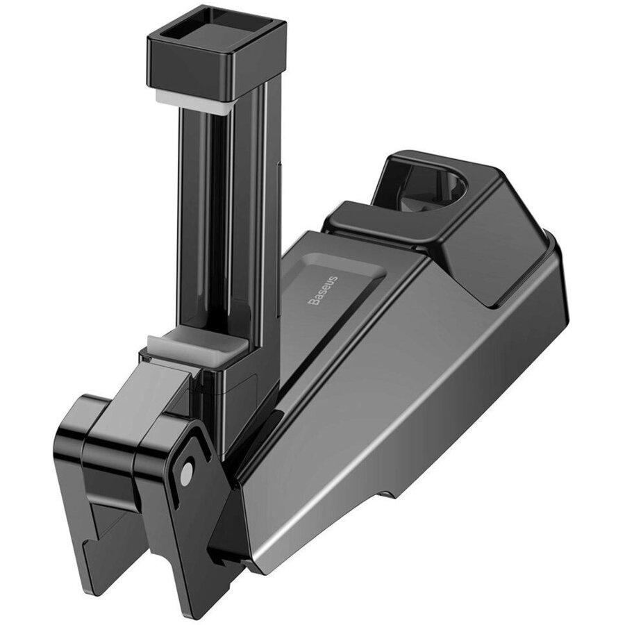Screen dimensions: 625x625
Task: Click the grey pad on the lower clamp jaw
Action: [x=195, y=345]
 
